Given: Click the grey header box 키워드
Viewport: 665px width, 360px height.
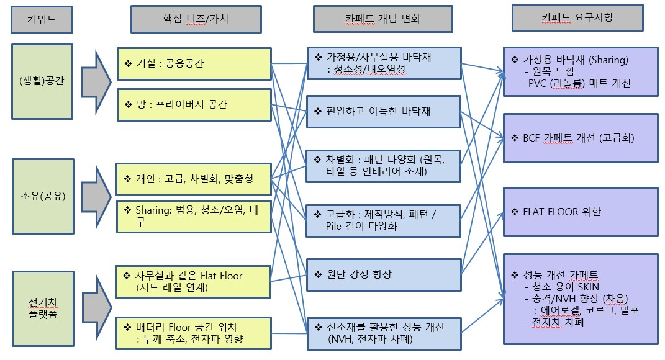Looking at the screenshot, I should pos(42,19).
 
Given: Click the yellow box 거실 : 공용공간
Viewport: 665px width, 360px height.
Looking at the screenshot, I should pos(194,64).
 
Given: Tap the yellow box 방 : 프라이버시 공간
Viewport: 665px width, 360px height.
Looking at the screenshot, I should pos(194,105).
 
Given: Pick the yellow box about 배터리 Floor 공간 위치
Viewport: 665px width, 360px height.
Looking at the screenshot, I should pos(194,332).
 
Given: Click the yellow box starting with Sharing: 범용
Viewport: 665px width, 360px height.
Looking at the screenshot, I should pos(194,216).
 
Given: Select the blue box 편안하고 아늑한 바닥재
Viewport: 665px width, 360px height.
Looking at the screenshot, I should pos(383,111).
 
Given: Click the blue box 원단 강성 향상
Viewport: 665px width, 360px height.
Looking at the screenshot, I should pos(383,274).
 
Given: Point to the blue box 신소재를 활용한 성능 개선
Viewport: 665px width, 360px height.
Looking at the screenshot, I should pos(383,333).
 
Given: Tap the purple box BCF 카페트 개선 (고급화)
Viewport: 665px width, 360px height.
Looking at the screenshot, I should pos(580,138).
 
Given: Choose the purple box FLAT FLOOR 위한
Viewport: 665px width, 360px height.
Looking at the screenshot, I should pos(580,212).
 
